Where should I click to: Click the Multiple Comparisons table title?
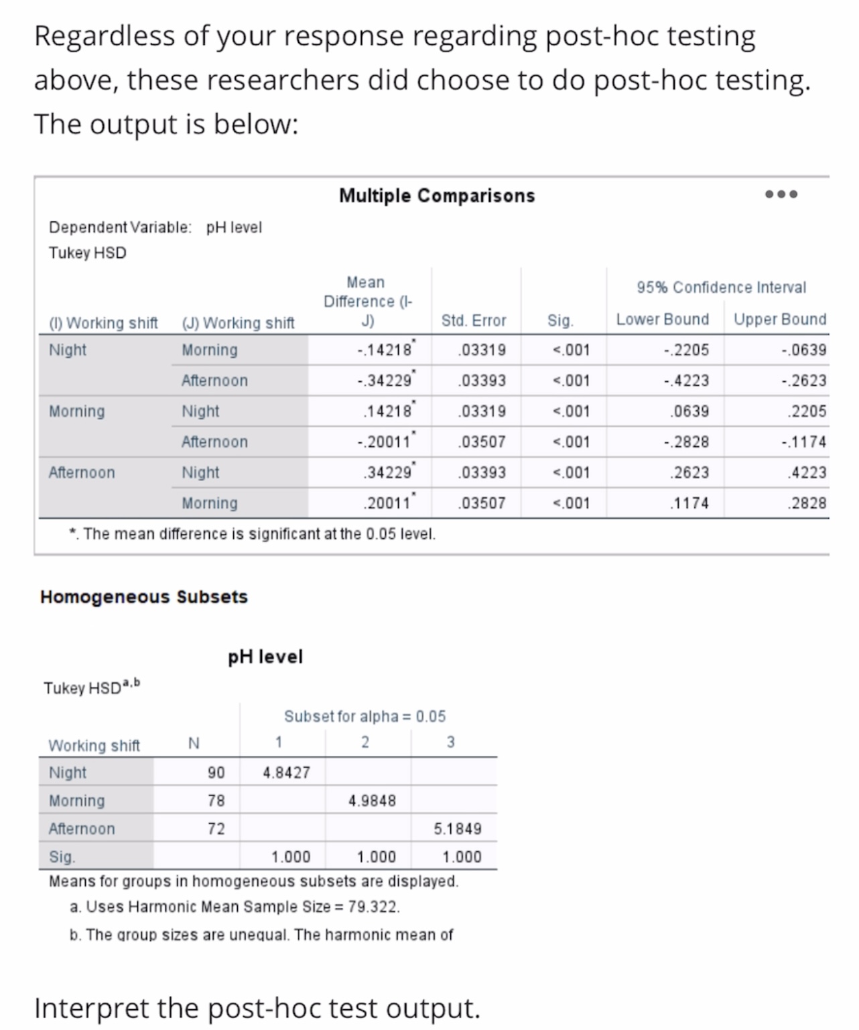[437, 196]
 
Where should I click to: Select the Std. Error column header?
[474, 320]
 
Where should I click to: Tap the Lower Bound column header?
[662, 320]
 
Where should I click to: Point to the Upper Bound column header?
[779, 320]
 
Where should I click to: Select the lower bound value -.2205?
[685, 350]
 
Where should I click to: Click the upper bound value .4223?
[808, 472]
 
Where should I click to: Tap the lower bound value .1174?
[689, 503]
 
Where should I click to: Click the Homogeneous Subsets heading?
[144, 596]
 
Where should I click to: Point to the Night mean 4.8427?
[286, 773]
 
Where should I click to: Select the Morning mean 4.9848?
[372, 801]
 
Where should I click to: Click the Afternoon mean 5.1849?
[457, 829]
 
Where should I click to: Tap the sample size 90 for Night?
[216, 773]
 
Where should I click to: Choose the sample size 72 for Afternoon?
[216, 829]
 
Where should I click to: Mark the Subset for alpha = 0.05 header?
[365, 716]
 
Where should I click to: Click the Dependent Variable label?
[120, 227]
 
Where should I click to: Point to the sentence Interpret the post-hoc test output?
[257, 1007]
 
